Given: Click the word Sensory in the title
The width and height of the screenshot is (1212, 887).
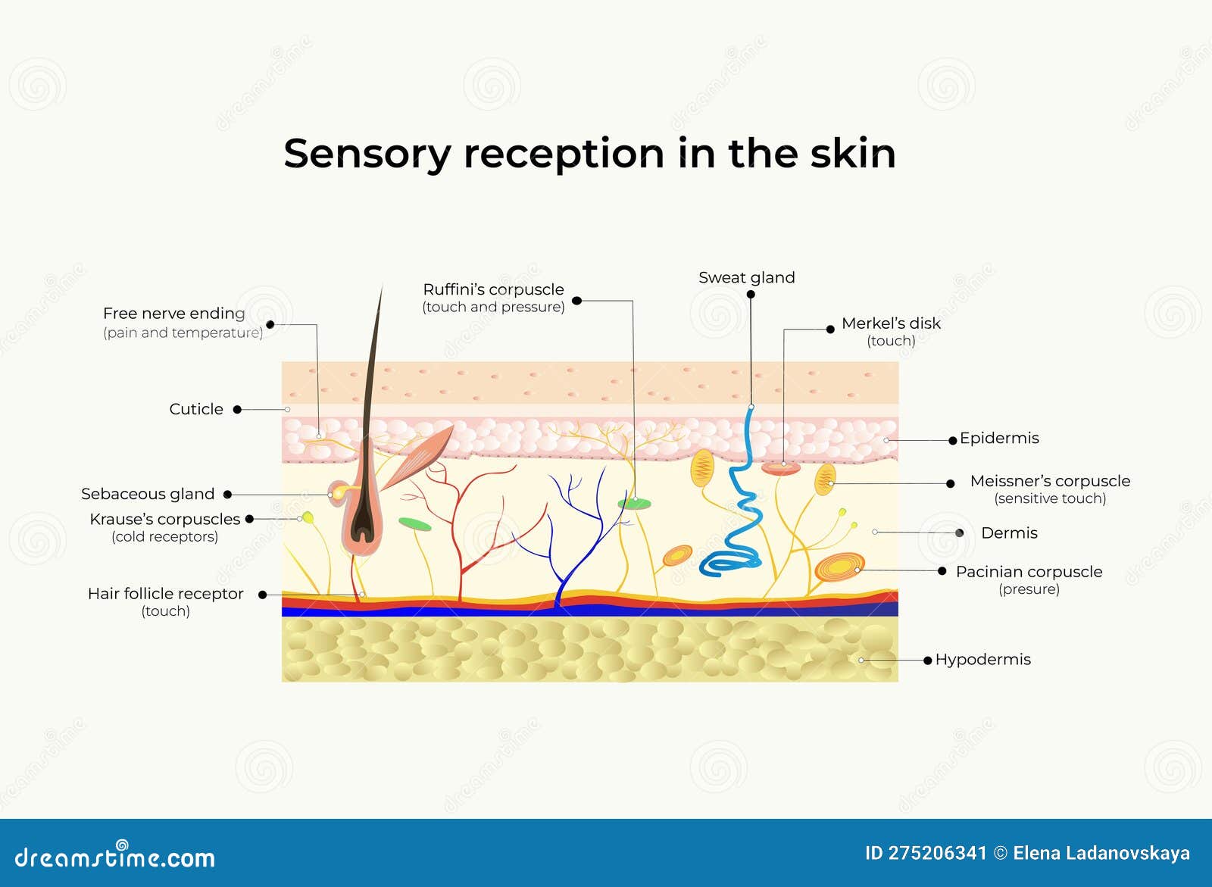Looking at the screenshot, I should coord(367,154).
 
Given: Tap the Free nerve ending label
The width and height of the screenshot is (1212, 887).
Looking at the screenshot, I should coord(174,314).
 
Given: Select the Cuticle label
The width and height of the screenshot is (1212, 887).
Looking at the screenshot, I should coord(196,409).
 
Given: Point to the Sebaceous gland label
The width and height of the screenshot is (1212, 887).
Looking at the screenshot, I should coord(148,494).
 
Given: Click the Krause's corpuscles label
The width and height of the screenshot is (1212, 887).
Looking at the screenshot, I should coord(164,520).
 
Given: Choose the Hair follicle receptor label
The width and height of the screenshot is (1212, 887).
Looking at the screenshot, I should coord(165,594).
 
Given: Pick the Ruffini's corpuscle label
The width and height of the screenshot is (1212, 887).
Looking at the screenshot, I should coord(493,289).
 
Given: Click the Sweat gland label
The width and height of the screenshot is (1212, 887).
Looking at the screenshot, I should coord(746,278).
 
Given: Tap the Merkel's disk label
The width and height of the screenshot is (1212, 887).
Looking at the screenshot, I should coord(891,323).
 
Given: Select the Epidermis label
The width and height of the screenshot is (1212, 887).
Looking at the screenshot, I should coord(999,438).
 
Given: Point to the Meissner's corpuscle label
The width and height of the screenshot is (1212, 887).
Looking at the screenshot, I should coord(1050,481).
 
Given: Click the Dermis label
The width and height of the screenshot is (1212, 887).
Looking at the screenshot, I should coord(1009,533).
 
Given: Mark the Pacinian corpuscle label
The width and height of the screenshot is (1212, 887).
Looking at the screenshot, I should coord(1029,572).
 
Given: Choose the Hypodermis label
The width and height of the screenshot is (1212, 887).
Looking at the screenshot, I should coord(982,660).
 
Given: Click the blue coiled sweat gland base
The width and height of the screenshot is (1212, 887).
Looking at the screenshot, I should coord(729,561).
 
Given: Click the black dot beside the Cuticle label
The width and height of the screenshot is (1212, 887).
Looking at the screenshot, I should coord(237,409).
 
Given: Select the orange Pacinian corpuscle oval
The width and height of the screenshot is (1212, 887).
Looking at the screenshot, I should coord(839,567).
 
